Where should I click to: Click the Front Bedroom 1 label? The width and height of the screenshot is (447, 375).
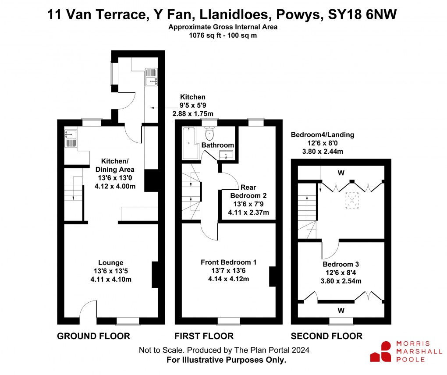coord(228,262)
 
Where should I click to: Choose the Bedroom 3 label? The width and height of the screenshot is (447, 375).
coord(341,264)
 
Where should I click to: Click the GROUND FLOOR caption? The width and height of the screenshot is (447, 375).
coord(93,336)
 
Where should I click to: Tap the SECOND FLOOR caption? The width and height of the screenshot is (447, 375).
coord(326,336)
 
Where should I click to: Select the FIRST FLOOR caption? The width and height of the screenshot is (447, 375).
coord(204,336)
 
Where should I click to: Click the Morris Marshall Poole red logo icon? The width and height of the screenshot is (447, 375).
coord(380,352)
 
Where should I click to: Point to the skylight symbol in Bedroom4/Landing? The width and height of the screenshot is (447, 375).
coord(351,199)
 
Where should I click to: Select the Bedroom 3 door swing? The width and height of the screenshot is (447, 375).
coord(330,249)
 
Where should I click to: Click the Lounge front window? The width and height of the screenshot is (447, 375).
coord(128,322)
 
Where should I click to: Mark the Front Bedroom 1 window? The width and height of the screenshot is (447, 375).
coord(228,322)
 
